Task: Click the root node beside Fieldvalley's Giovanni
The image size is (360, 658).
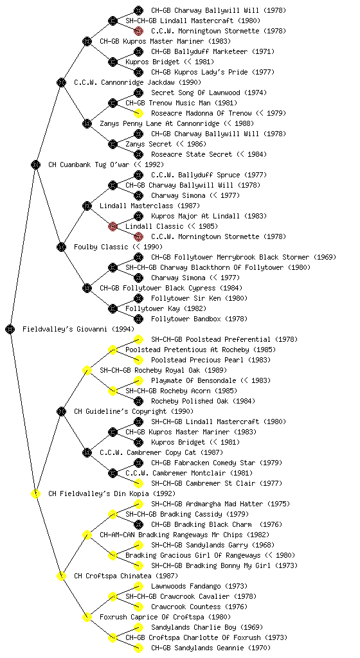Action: tap(10, 329)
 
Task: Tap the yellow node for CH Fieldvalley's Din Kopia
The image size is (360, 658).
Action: tap(35, 493)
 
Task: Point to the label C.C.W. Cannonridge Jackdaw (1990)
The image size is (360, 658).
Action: tap(138, 82)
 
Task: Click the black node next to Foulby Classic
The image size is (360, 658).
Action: tap(61, 247)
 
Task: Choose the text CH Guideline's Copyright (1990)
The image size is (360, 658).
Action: tap(134, 411)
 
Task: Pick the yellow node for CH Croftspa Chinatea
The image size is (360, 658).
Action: tap(61, 576)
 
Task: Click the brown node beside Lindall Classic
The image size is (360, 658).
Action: tap(113, 226)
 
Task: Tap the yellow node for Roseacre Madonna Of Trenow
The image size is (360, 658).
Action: tap(138, 113)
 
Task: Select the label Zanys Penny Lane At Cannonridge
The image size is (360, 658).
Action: tap(159, 123)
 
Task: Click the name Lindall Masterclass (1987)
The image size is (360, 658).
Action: tap(150, 206)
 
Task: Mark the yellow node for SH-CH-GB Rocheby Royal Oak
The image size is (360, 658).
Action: tap(87, 370)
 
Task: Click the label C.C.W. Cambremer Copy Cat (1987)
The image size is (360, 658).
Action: tap(161, 452)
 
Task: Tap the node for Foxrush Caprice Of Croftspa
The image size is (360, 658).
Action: tap(87, 617)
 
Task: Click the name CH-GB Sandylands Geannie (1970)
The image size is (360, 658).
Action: tap(211, 648)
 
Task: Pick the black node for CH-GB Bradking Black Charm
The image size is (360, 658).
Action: tap(138, 524)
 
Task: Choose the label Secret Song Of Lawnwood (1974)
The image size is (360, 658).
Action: tap(209, 93)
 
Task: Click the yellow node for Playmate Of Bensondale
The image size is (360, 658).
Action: tap(138, 380)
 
